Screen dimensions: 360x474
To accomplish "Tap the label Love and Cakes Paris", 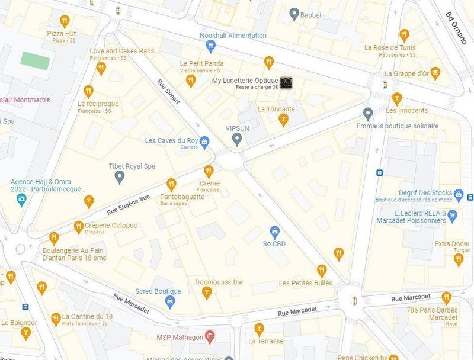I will [x=121, y=51].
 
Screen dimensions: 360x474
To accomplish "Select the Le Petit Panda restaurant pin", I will [x=191, y=80].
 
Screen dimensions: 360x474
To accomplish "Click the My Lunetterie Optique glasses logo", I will [x=286, y=82].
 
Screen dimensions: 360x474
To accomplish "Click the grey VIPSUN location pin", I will [x=237, y=139].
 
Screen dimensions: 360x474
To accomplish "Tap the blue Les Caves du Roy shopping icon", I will [x=204, y=142].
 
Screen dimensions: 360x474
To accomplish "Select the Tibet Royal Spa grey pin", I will [x=119, y=176].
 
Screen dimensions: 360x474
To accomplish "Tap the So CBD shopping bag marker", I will [x=274, y=231].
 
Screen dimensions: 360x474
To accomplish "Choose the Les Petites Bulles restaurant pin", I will [x=322, y=271].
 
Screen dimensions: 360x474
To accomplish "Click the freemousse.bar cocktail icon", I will [x=206, y=292].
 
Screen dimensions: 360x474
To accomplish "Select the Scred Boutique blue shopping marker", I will [x=170, y=301].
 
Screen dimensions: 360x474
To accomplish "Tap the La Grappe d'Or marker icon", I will [x=436, y=73].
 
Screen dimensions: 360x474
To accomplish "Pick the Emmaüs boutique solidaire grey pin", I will [x=368, y=113].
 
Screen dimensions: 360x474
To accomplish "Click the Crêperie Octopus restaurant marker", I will [x=79, y=227].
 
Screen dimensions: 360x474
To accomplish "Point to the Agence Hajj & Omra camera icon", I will [x=21, y=198].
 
